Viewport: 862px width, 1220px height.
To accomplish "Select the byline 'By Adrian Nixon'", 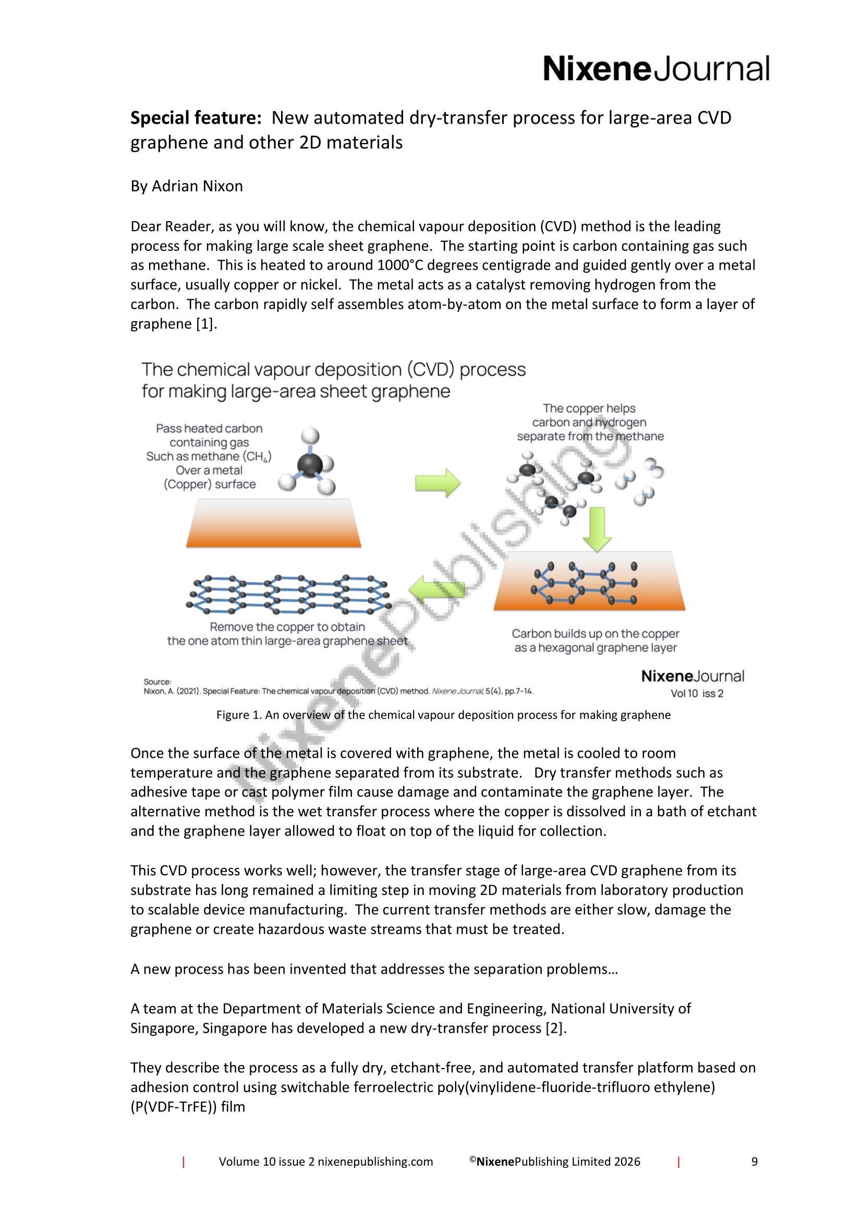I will [x=186, y=186].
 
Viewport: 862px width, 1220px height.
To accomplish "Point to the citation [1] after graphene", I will [x=207, y=323].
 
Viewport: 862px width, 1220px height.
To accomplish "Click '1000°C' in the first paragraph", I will [x=402, y=265].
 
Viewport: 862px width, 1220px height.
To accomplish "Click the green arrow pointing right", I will [x=437, y=483].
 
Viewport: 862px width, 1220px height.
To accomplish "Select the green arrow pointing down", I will [x=597, y=529].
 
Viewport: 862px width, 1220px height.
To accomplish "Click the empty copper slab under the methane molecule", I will [x=274, y=523].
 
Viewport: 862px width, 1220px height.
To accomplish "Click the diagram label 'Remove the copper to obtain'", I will [x=287, y=627].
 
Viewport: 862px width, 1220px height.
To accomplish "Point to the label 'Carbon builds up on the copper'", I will [x=596, y=634].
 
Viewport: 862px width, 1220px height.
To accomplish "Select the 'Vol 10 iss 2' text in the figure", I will [x=697, y=693].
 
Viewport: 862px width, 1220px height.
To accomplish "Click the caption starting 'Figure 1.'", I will [x=443, y=715].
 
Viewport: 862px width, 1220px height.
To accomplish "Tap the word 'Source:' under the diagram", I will [x=157, y=682].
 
